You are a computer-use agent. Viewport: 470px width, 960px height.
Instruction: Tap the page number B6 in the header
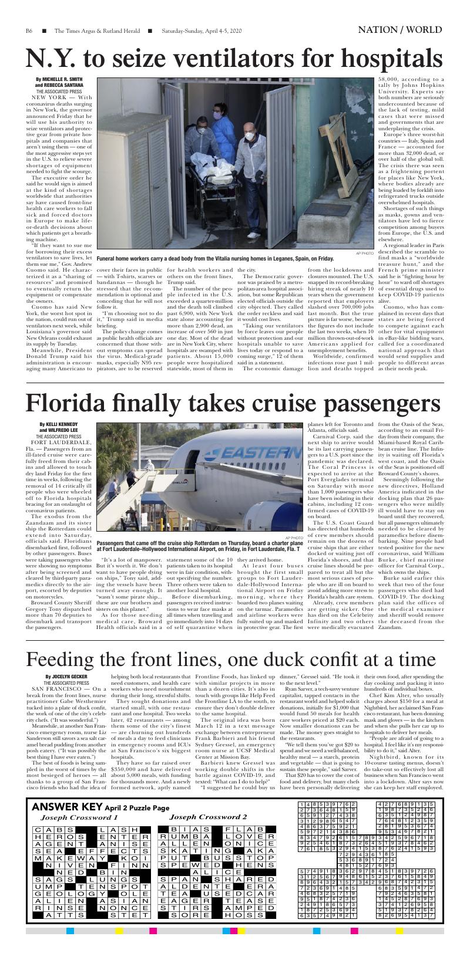click(x=29, y=31)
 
